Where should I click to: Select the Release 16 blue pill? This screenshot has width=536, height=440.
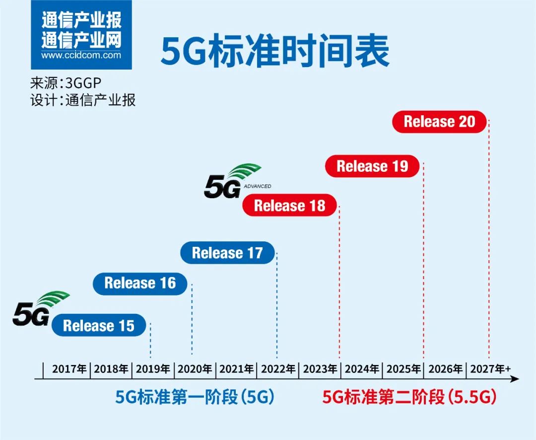[140, 283]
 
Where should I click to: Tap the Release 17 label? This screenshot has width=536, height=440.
[227, 253]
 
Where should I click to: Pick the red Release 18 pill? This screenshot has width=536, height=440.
[290, 206]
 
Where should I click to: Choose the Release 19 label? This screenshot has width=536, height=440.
[372, 166]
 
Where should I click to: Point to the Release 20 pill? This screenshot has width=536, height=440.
[439, 122]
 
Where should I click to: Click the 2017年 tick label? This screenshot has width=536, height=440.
[69, 369]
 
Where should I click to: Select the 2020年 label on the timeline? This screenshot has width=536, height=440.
[195, 369]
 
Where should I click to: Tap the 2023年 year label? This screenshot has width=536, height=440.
[320, 369]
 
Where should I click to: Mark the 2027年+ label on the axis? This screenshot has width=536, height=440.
[490, 369]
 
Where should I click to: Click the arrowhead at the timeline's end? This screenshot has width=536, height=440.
[515, 379]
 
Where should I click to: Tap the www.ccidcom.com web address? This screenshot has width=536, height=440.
[81, 55]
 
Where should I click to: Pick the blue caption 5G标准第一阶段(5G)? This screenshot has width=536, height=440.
[195, 397]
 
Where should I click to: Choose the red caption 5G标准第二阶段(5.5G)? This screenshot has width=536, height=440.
[409, 397]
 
